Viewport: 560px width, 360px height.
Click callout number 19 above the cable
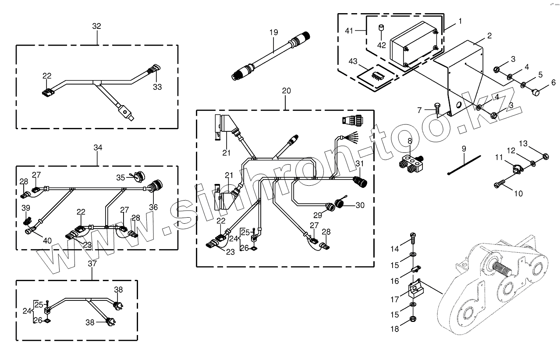[274, 32]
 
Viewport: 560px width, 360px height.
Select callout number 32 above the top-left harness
[96, 26]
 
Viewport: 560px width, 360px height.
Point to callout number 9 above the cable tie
[464, 149]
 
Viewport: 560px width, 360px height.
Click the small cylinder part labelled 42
[381, 28]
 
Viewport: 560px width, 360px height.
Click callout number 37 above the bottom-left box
[92, 264]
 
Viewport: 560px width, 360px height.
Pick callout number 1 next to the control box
[460, 21]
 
